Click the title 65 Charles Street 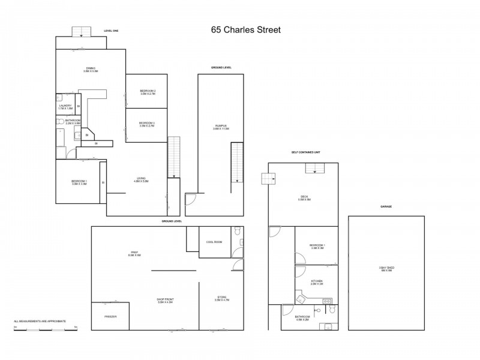(246, 29)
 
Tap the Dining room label (90, 69)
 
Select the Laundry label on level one (65, 106)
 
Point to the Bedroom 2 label (148, 92)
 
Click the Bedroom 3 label (148, 124)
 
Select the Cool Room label (214, 242)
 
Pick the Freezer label (110, 316)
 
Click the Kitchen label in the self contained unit (317, 281)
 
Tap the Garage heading (386, 206)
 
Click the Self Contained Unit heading (306, 152)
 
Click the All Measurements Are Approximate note (40, 322)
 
